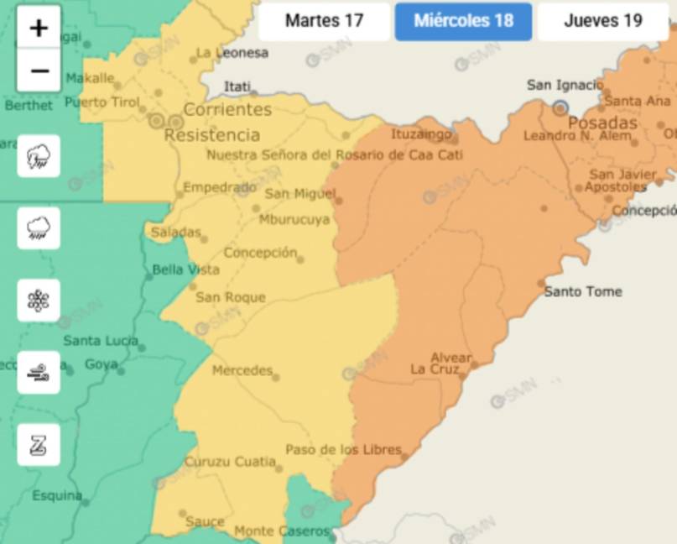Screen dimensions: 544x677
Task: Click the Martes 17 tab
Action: [x=324, y=21]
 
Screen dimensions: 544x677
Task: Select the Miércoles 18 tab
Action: [x=463, y=21]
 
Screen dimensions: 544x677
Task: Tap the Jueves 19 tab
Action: [x=602, y=21]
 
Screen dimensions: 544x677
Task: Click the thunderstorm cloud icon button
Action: [x=39, y=156]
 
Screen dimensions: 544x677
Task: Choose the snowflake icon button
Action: [x=39, y=301]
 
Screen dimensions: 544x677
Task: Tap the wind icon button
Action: [x=39, y=373]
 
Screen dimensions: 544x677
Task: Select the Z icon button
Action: [x=39, y=445]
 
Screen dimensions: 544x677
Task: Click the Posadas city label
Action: [x=602, y=123]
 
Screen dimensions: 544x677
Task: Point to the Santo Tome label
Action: [x=583, y=291]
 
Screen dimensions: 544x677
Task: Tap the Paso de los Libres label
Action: [x=343, y=450]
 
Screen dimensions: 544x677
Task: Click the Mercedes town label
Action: [x=242, y=370]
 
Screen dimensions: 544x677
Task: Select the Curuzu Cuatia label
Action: [x=230, y=462]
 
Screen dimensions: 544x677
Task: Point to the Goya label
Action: [x=101, y=364]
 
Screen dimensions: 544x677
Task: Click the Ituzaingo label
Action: [x=421, y=133]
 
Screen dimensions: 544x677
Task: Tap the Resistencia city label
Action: [x=212, y=135]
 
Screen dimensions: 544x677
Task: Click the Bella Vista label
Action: [x=185, y=269]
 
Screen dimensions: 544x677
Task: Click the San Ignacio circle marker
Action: [x=560, y=107]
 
